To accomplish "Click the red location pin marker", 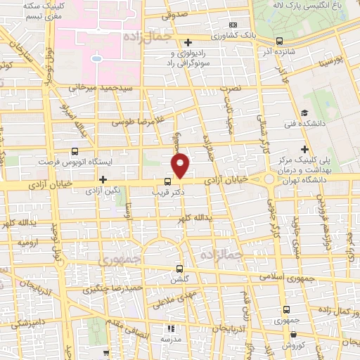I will (x=181, y=165).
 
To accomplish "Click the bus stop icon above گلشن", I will (x=179, y=268).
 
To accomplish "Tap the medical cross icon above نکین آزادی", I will (x=103, y=180).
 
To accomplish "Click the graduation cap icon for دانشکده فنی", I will (x=304, y=112).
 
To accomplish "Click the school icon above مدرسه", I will (x=170, y=328).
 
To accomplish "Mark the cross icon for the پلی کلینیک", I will (x=304, y=148).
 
